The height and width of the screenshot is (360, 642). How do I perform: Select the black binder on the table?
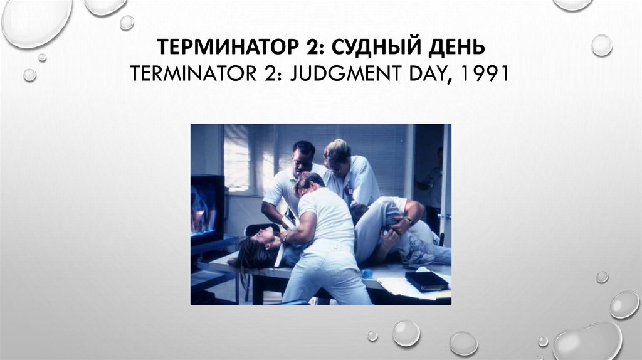(426, 280)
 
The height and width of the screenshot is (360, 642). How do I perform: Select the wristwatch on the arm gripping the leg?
(409, 221)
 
